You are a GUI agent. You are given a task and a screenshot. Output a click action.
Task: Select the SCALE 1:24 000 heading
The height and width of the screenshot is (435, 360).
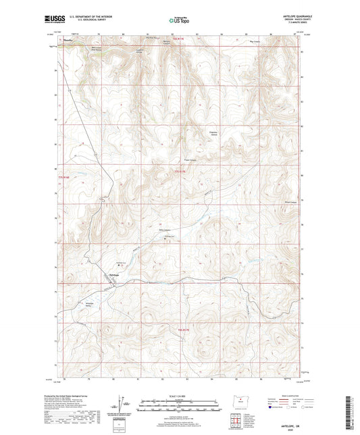pyautogui.click(x=180, y=396)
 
